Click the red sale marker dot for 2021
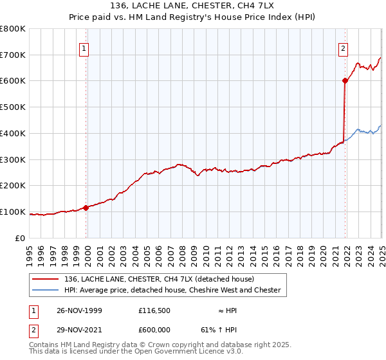point(345,80)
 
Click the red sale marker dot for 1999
point(86,207)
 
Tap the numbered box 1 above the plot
point(85,46)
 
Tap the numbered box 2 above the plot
point(344,46)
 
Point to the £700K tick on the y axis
point(13,55)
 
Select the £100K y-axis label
point(13,212)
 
